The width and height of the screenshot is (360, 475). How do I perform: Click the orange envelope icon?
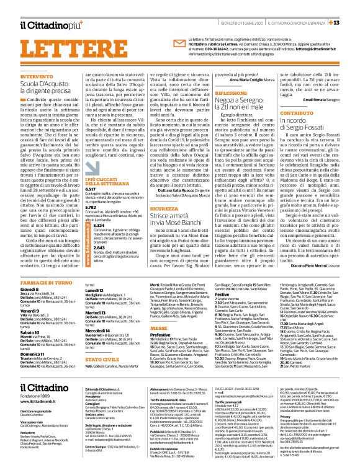click(158, 45)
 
